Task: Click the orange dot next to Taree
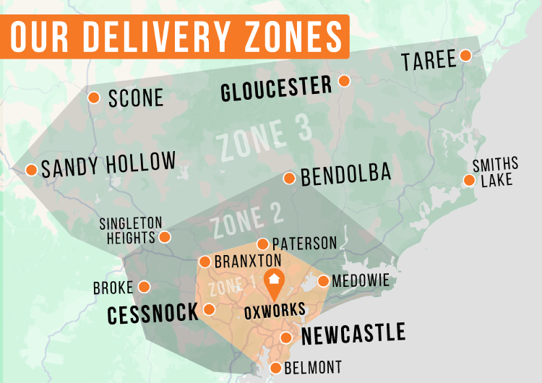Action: (466, 56)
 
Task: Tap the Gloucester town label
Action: (276, 89)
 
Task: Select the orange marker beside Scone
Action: (94, 98)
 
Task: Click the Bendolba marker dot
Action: (289, 178)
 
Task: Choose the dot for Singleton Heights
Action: (165, 236)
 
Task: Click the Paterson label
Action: (304, 244)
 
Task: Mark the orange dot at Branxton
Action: (204, 262)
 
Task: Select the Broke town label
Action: (113, 288)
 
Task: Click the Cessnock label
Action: (152, 314)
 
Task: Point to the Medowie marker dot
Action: (323, 280)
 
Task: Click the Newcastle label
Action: (353, 334)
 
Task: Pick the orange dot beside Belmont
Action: (275, 368)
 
